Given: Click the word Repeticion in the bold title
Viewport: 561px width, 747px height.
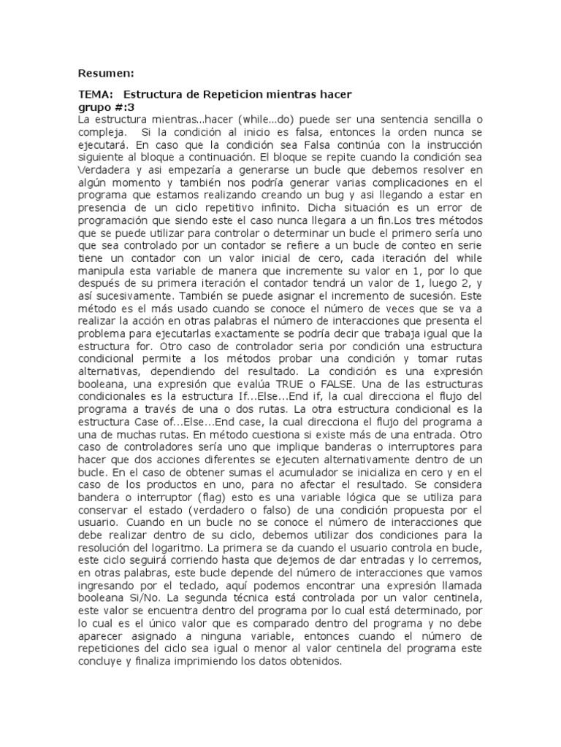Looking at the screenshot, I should pyautogui.click(x=230, y=95).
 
